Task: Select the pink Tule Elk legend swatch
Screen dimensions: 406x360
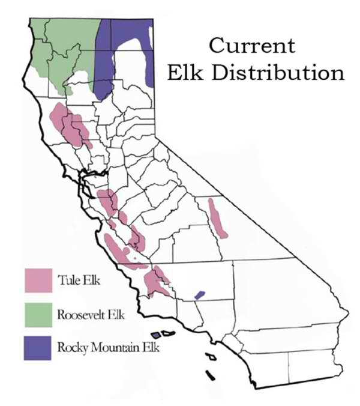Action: click(38, 279)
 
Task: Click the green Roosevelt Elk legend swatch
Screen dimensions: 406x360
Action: click(38, 314)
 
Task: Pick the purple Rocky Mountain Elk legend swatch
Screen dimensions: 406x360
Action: click(38, 348)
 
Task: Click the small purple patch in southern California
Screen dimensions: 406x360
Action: click(200, 295)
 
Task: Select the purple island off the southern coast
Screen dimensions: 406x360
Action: click(155, 335)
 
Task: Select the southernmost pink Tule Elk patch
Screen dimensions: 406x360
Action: click(158, 282)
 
